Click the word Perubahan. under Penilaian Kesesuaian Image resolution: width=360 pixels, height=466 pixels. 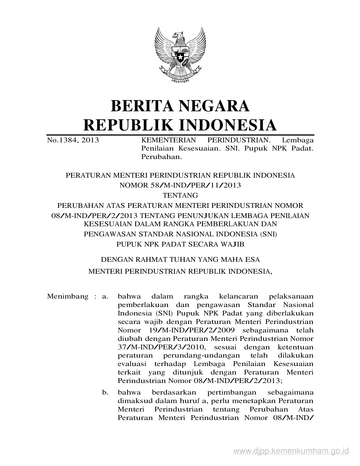161,157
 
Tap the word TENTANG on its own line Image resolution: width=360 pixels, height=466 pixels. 180,195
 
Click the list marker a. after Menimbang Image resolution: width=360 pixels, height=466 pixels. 105,297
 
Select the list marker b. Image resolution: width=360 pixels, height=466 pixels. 105,392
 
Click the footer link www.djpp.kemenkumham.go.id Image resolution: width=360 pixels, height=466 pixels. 291,450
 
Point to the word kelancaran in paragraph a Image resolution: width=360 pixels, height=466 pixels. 239,297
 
